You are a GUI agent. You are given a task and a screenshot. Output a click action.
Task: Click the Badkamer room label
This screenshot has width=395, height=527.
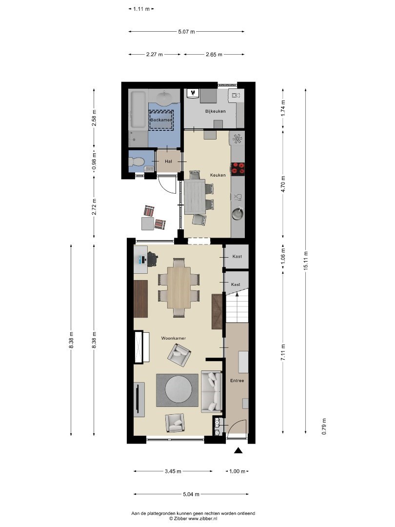pyautogui.click(x=161, y=120)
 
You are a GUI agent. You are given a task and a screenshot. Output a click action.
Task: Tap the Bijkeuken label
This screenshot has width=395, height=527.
pyautogui.click(x=216, y=111)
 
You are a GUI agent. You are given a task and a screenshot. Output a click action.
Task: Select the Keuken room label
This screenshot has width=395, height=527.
pyautogui.click(x=217, y=175)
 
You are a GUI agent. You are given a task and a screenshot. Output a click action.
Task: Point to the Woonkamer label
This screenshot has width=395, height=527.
pyautogui.click(x=173, y=338)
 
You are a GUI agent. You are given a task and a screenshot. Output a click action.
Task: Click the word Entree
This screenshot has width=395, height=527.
pyautogui.click(x=237, y=381)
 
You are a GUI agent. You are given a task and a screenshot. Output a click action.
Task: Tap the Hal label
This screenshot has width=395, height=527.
pyautogui.click(x=168, y=162)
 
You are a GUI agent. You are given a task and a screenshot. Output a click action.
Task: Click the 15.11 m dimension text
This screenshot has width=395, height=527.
pyautogui.click(x=305, y=261)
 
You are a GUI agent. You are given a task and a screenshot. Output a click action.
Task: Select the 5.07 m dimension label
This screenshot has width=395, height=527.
pyautogui.click(x=186, y=32)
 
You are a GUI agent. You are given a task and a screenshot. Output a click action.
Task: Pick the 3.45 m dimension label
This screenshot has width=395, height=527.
pyautogui.click(x=173, y=471)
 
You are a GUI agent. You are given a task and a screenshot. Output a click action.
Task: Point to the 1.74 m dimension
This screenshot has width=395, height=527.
pyautogui.click(x=283, y=108)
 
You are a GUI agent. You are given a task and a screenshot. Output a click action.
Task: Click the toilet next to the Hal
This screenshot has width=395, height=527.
pyautogui.click(x=136, y=162)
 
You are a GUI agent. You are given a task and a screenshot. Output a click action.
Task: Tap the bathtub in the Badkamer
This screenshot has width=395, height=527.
pyautogui.click(x=138, y=109)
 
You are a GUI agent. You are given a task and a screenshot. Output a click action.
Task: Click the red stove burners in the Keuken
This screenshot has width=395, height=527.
pyautogui.click(x=238, y=169)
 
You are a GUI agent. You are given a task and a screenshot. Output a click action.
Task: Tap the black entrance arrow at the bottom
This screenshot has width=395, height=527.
pyautogui.click(x=238, y=451)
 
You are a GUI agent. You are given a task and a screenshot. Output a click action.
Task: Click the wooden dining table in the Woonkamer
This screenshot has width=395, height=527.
pyautogui.click(x=178, y=287)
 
